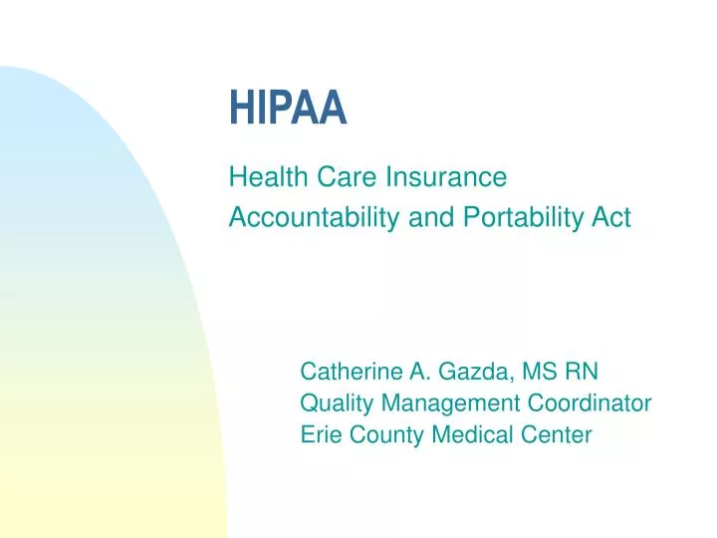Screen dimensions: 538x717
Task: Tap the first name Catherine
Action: (348, 373)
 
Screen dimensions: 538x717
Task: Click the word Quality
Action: (334, 403)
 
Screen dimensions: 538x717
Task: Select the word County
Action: (384, 434)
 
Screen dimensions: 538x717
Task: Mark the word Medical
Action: (470, 434)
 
